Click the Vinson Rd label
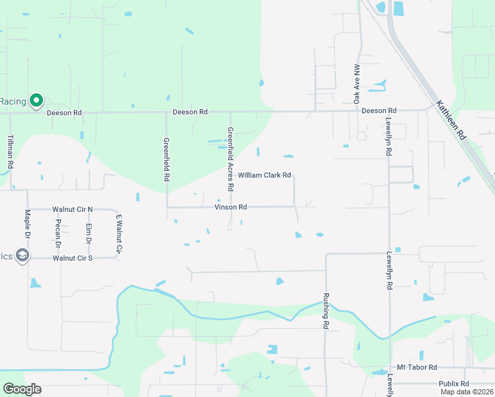point(230,207)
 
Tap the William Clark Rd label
point(265,175)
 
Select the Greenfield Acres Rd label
point(230,159)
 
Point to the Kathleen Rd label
point(451,119)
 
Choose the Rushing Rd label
point(326,311)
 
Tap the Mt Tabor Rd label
point(417,367)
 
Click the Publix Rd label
point(454,384)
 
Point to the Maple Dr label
point(28,226)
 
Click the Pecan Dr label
point(58,234)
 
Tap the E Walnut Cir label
point(119,234)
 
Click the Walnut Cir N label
point(73,209)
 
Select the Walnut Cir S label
point(73,258)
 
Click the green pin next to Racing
point(36,101)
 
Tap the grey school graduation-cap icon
point(22,256)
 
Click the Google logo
point(22,389)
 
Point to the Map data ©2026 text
point(467,392)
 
